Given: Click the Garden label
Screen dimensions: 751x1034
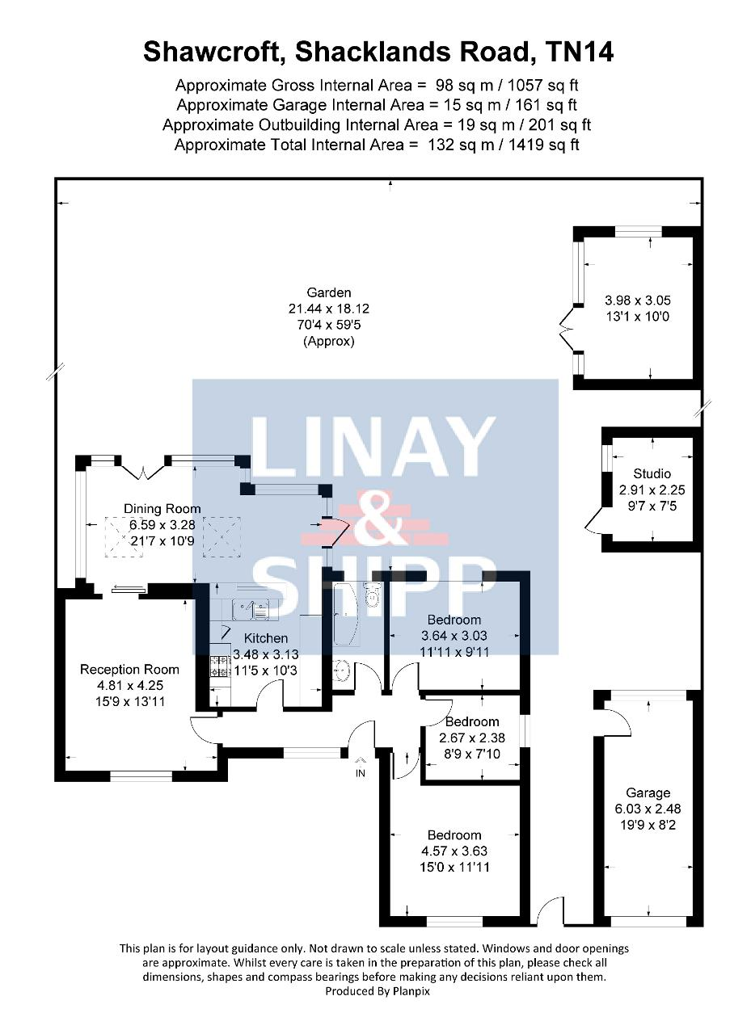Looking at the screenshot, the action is point(328,292).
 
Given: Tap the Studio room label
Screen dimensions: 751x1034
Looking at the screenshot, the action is point(652,473).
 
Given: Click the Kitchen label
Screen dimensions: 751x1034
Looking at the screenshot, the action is point(266,638).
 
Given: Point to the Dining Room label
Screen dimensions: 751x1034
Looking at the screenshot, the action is point(162,509).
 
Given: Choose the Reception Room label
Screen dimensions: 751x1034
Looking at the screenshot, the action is point(129,670).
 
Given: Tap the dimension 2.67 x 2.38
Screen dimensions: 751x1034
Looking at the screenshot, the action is point(472,738).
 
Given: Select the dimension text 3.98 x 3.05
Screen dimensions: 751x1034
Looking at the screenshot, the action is point(637,301).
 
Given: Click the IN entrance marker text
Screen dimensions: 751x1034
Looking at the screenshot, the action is point(361,773).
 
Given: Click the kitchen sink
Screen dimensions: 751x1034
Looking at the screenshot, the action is point(251,610).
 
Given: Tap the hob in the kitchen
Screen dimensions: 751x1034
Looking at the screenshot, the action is point(221,666).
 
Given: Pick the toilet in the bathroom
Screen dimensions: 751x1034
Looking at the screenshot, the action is point(372,595).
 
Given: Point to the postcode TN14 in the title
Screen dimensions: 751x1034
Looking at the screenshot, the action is point(579,52).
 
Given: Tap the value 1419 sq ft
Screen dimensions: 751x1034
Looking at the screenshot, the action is point(543,145).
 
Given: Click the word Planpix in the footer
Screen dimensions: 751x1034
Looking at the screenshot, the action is point(411,990).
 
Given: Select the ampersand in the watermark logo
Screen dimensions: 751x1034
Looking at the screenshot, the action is point(374,519).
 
